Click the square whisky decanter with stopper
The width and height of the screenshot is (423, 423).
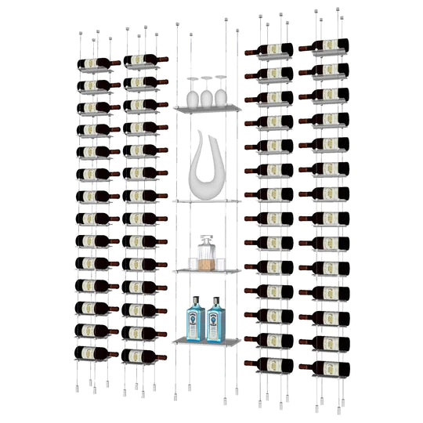tap(207, 255)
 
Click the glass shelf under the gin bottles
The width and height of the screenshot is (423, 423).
tap(206, 342)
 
